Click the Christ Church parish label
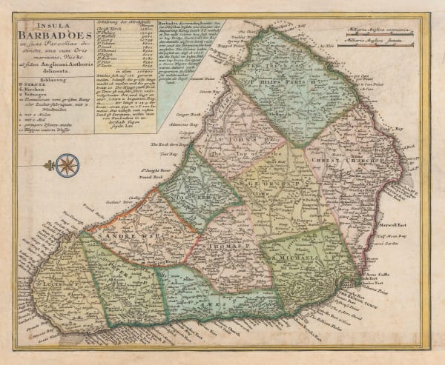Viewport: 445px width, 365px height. tap(341, 158)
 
